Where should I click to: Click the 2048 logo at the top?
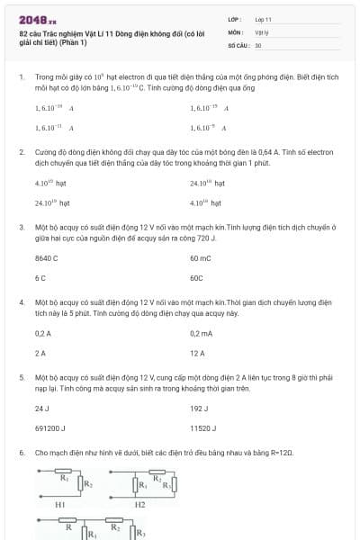(x=37, y=19)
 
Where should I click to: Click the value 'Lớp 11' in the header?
(x=263, y=18)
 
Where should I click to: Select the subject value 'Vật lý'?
(x=261, y=31)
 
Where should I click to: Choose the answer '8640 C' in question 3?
(x=46, y=258)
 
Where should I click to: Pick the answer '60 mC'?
(x=201, y=258)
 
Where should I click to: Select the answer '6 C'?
(x=40, y=278)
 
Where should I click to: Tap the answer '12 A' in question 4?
(x=197, y=353)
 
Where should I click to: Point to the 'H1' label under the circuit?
(x=60, y=505)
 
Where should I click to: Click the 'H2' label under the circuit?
(x=139, y=505)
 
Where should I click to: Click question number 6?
(x=21, y=453)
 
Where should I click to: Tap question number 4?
(x=21, y=303)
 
